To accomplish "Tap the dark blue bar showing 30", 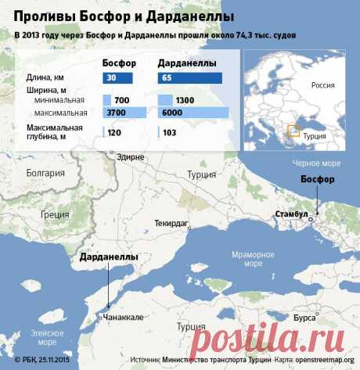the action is (117, 77).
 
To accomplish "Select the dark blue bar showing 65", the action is (191, 77).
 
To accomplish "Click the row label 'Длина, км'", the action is (45, 77).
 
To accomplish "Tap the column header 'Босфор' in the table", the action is (120, 63).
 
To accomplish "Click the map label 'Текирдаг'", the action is (172, 224).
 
